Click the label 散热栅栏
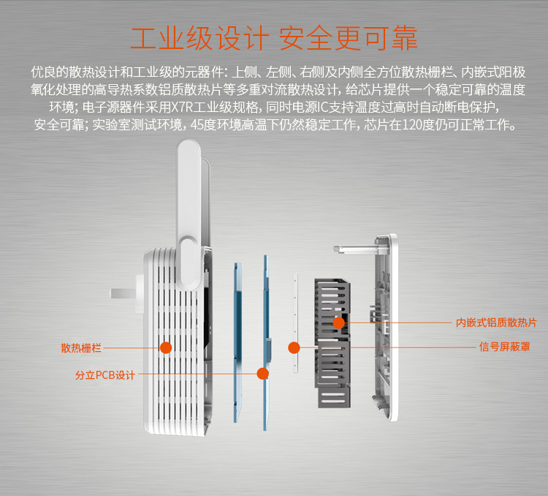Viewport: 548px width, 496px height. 81,348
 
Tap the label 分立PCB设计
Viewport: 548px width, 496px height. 105,375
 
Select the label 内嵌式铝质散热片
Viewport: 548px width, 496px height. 496,323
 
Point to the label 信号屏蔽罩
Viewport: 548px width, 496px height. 505,347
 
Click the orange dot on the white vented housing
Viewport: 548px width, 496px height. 166,347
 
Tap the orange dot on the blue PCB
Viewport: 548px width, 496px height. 262,374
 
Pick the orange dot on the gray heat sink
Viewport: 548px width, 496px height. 338,323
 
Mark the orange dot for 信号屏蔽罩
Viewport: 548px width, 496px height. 294,347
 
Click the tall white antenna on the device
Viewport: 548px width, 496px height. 189,214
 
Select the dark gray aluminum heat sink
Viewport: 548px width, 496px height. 332,343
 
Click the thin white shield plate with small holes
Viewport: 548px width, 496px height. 295,323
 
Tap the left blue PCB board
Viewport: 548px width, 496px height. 237,342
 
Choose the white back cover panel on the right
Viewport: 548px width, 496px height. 387,327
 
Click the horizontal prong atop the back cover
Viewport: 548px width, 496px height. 354,249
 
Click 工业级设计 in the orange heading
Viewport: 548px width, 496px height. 199,38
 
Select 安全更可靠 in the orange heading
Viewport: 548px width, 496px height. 348,38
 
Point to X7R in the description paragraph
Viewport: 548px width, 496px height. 182,107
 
